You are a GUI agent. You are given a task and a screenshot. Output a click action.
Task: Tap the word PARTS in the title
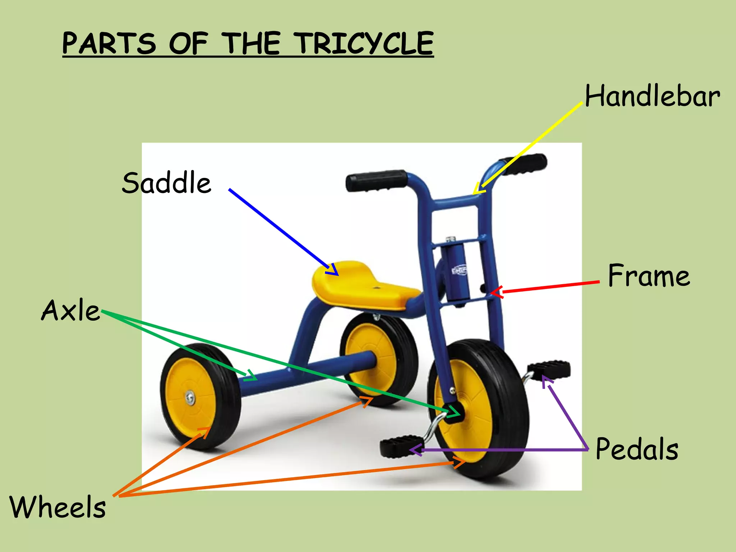tap(109, 43)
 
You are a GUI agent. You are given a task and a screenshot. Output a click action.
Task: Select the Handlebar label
tap(652, 96)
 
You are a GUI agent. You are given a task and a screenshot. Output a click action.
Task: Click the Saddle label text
tap(166, 183)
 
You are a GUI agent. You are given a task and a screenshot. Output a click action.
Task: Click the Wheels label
tap(57, 507)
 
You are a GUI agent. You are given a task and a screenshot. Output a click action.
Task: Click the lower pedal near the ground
tap(399, 446)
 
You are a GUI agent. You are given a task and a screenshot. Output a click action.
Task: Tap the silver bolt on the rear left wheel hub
tap(190, 397)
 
